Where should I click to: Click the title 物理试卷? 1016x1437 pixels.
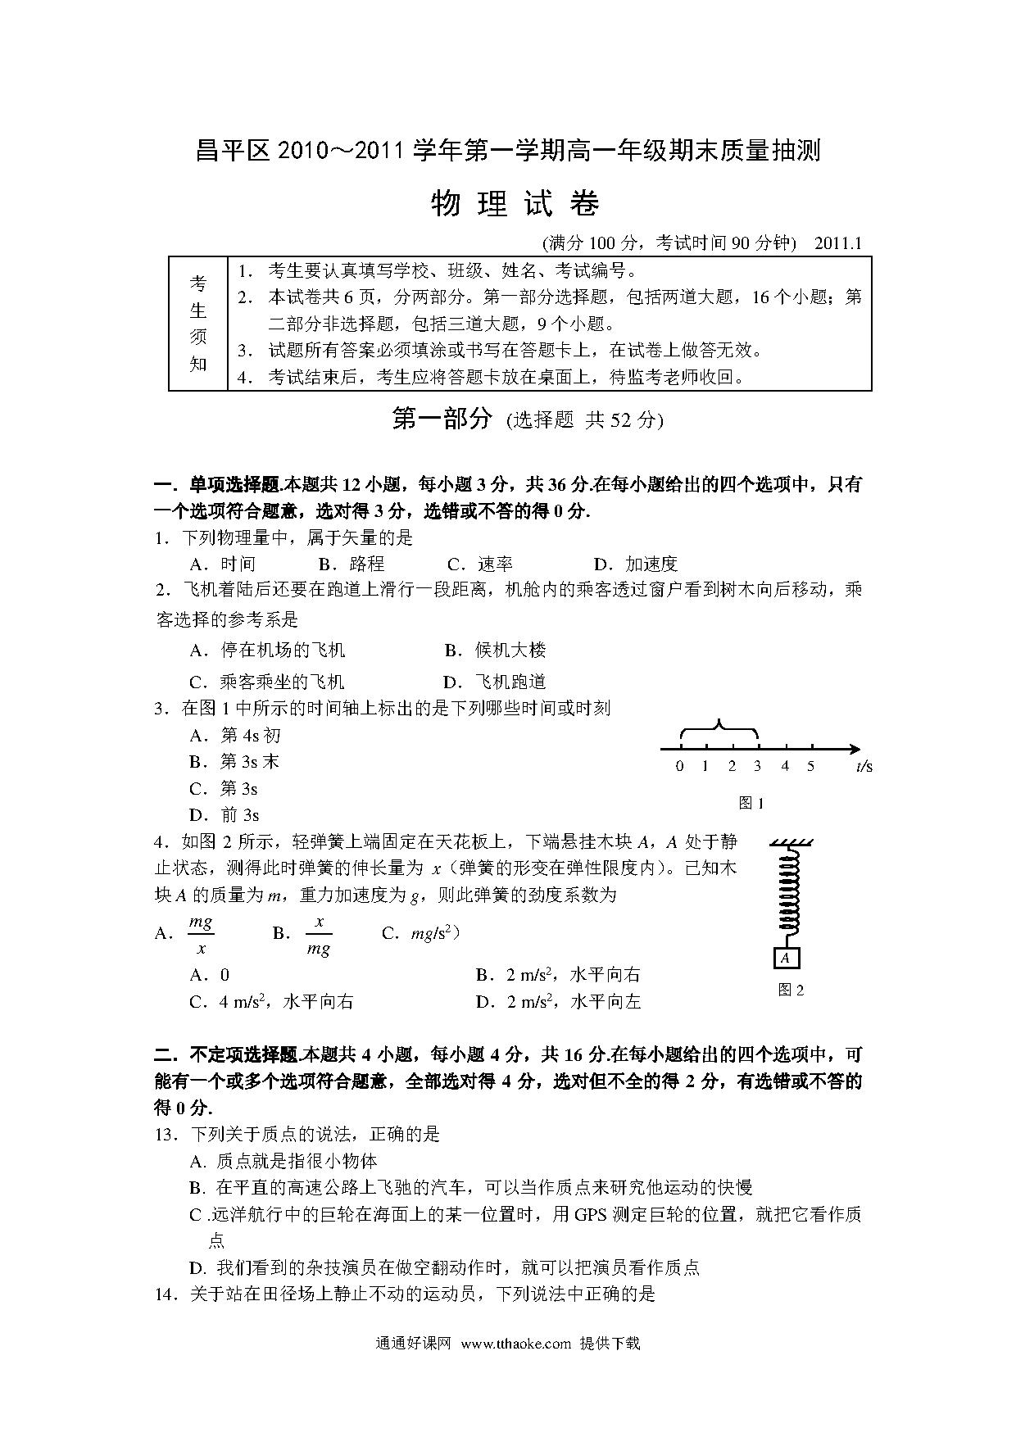click(515, 204)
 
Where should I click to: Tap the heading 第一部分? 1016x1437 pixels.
click(442, 419)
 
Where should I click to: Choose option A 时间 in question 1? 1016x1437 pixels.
click(223, 564)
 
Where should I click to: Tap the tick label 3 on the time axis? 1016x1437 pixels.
click(757, 766)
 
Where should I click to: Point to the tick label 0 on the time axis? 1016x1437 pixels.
click(679, 766)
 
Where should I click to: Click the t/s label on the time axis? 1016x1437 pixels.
click(864, 766)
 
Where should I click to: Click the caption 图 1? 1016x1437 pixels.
click(751, 803)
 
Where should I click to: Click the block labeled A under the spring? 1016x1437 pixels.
click(786, 958)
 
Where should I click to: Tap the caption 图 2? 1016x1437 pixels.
click(791, 990)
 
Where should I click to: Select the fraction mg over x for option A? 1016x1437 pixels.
click(201, 935)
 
